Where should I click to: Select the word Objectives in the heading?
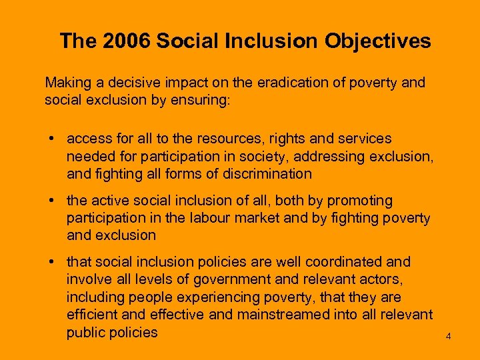(x=378, y=41)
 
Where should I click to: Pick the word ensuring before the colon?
(x=203, y=100)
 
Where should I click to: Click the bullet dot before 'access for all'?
(x=51, y=139)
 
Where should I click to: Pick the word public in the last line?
(x=87, y=331)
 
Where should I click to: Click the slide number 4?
(x=448, y=336)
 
